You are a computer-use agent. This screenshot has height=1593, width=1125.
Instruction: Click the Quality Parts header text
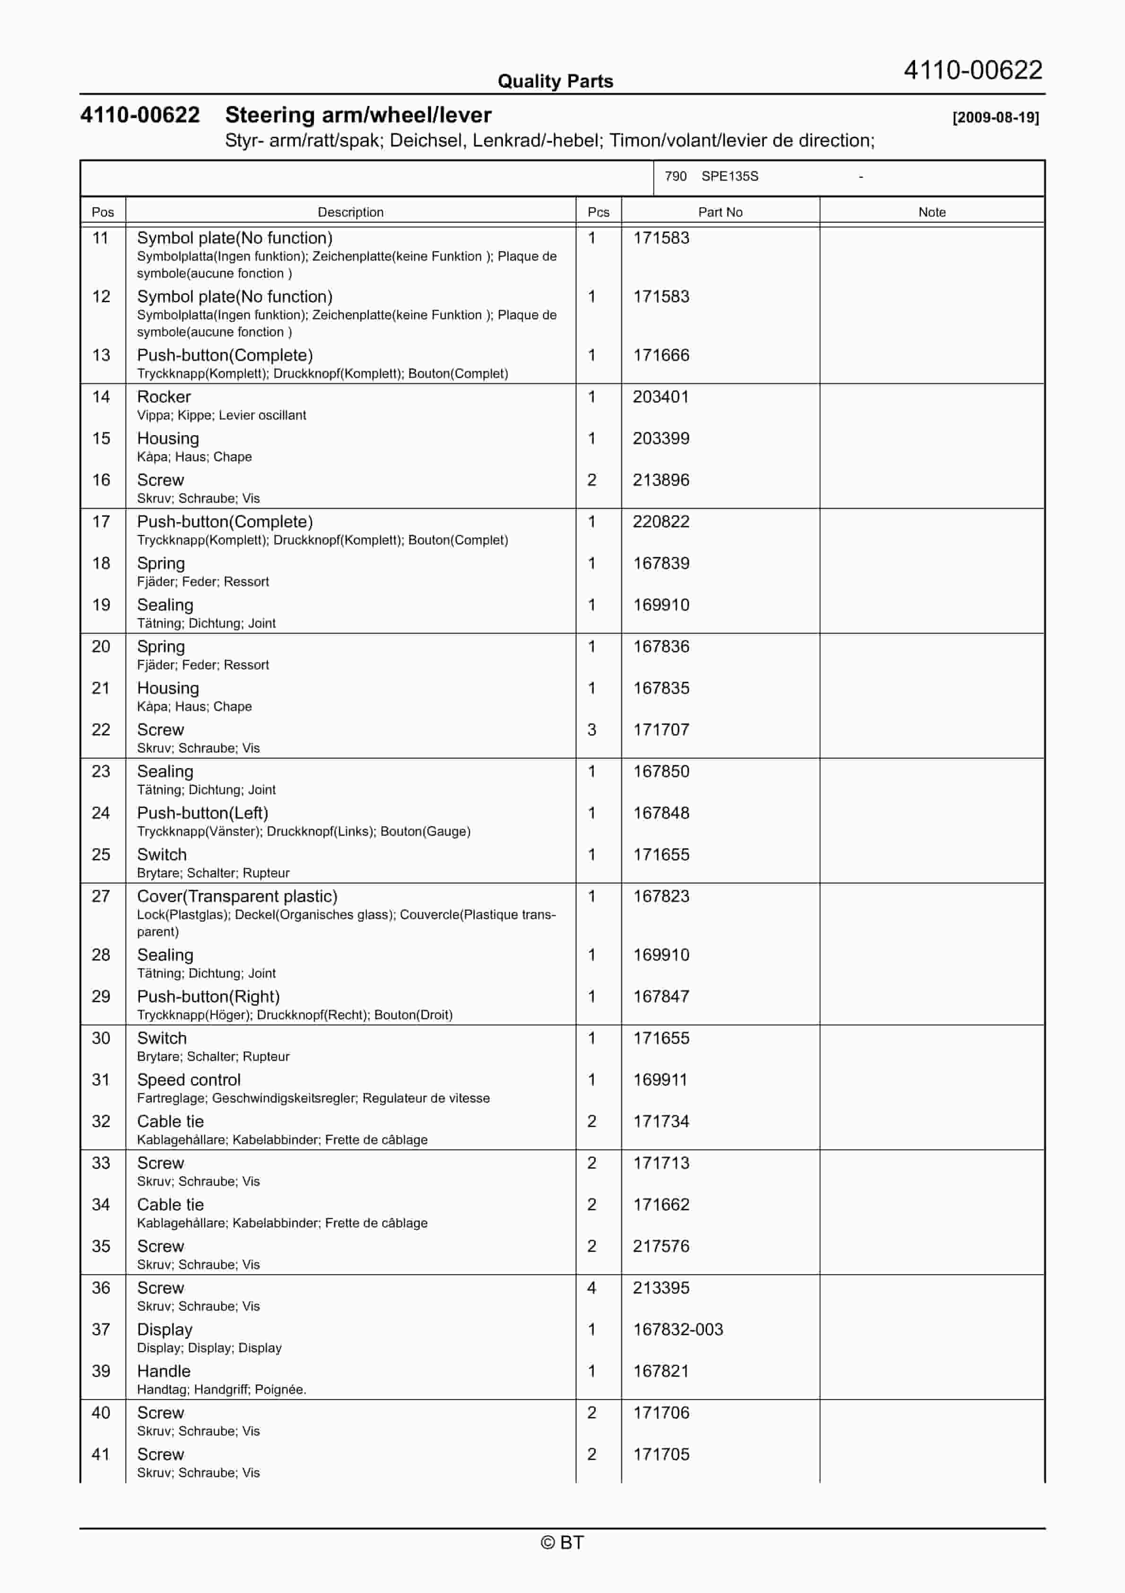[555, 81]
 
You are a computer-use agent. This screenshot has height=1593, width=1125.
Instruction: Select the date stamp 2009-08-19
[995, 117]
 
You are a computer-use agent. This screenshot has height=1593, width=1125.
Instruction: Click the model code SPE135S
[730, 176]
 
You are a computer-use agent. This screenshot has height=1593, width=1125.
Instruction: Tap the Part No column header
[720, 212]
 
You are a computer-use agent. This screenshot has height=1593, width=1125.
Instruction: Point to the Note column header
[932, 212]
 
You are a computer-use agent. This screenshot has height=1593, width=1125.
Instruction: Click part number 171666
[661, 355]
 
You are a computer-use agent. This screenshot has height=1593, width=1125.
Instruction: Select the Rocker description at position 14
[164, 397]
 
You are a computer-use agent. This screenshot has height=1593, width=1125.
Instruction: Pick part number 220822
[661, 522]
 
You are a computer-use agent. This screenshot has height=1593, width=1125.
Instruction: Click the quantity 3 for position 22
[592, 730]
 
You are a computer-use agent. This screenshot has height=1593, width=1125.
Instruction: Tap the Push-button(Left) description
[202, 813]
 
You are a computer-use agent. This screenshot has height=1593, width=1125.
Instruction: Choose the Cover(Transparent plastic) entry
[237, 896]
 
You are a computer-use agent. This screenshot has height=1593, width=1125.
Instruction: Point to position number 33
[101, 1163]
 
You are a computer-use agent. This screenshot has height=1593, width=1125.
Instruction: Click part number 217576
[661, 1246]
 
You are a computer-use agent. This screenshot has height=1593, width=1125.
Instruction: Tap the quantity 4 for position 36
[592, 1288]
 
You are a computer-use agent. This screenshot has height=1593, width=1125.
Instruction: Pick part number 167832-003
[678, 1330]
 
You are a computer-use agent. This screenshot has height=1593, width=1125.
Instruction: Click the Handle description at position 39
[164, 1371]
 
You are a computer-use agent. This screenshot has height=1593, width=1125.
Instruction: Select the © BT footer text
[562, 1542]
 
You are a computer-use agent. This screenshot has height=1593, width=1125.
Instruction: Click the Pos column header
[103, 212]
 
